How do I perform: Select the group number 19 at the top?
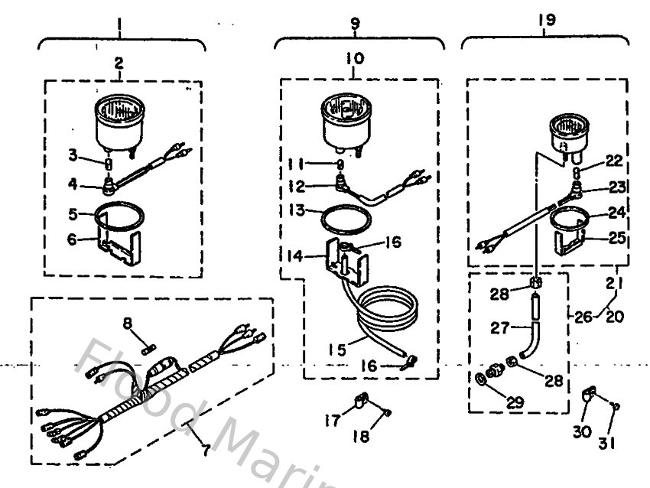[546, 20]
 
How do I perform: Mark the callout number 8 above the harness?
[130, 325]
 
